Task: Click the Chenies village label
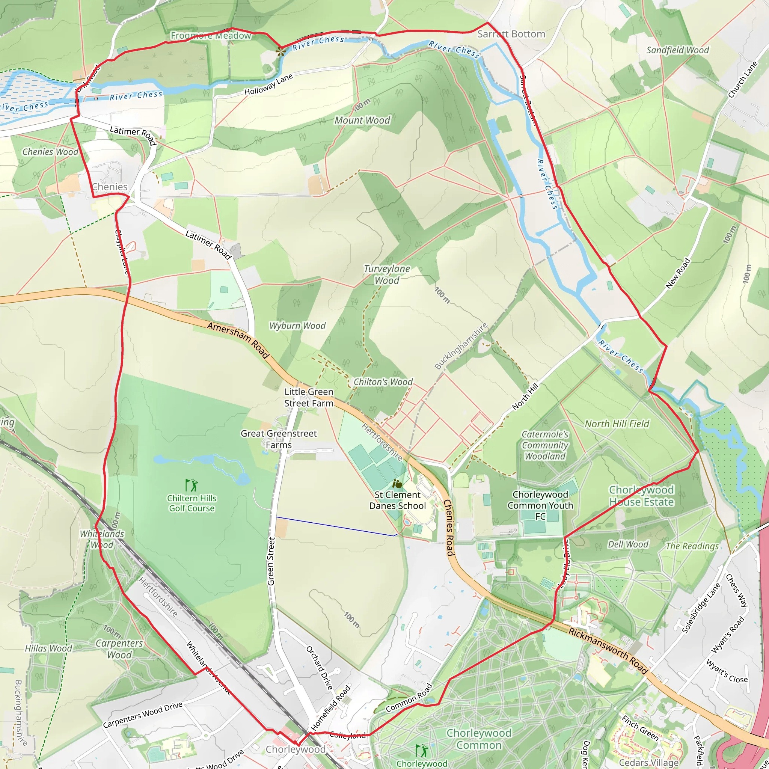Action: pos(110,187)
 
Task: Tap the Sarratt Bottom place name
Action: pos(511,34)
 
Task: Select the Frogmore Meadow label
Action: pos(211,36)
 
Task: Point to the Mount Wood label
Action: pos(362,120)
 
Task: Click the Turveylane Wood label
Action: pos(387,274)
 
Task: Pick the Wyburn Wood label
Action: pos(297,326)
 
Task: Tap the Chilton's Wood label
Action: pos(383,382)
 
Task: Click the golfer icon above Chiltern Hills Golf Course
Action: pos(191,485)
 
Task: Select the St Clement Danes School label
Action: pos(397,500)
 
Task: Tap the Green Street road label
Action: pos(271,561)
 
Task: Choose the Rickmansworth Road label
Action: pos(608,651)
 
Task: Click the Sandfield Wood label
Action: pos(677,50)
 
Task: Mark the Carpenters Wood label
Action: pos(119,649)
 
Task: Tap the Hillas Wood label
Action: pos(48,648)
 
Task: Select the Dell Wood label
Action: pos(628,544)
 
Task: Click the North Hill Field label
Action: pos(617,424)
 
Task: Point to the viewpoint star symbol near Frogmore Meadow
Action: pos(281,51)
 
